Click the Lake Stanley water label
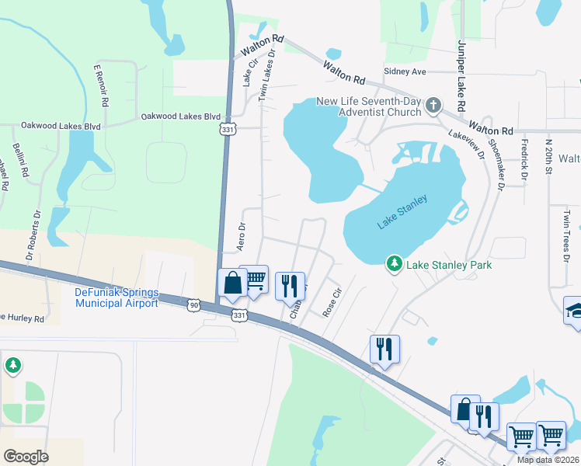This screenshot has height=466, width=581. pos(402,212)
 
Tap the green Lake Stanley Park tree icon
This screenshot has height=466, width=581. pos(395,265)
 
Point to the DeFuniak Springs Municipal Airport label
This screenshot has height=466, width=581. pos(117,297)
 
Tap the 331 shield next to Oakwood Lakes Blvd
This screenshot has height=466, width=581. pos(227,128)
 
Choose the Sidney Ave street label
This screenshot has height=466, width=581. pos(405,71)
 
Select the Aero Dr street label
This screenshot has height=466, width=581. pos(241,237)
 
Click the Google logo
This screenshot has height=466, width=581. pos(26,456)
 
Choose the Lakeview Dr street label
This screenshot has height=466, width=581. pos(466,144)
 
